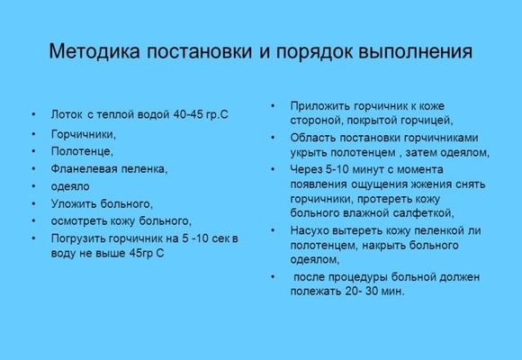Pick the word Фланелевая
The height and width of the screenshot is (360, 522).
pos(89,168)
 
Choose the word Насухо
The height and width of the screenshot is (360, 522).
pos(310,230)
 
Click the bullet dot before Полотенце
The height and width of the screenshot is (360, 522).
pos(33,151)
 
